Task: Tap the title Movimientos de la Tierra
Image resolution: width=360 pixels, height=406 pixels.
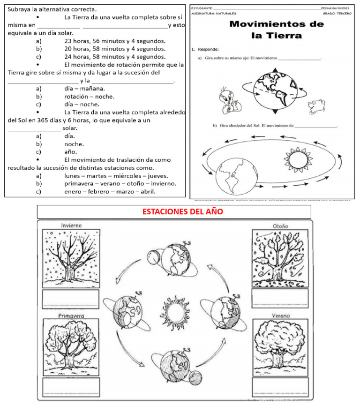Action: click(x=276, y=30)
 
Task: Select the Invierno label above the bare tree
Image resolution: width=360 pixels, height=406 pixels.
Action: click(x=71, y=226)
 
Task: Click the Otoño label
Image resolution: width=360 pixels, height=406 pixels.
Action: click(x=280, y=226)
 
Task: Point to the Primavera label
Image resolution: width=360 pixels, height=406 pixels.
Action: click(x=71, y=316)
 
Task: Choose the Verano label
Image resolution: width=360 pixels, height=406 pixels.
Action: click(x=280, y=316)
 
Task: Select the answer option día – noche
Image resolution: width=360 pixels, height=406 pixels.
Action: click(x=82, y=104)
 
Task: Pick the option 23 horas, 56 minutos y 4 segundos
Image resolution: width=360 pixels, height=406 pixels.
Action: click(x=115, y=41)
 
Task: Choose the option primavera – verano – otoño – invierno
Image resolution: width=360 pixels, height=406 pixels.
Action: click(x=120, y=183)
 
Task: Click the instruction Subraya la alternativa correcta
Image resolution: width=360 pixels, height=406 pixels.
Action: click(x=52, y=9)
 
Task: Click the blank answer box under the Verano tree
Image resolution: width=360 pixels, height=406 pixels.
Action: click(x=280, y=387)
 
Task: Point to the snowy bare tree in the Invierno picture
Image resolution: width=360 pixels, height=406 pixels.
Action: click(x=71, y=258)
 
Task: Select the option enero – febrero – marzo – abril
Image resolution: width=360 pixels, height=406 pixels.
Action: click(x=110, y=191)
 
